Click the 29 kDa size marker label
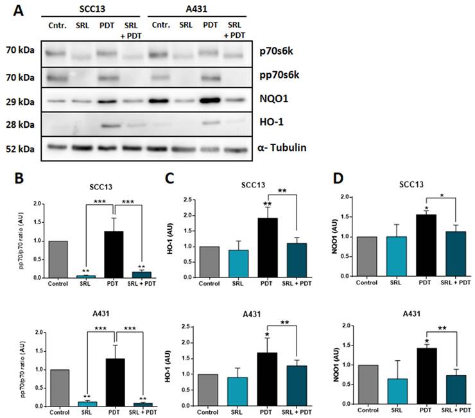21,101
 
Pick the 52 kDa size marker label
21,148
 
